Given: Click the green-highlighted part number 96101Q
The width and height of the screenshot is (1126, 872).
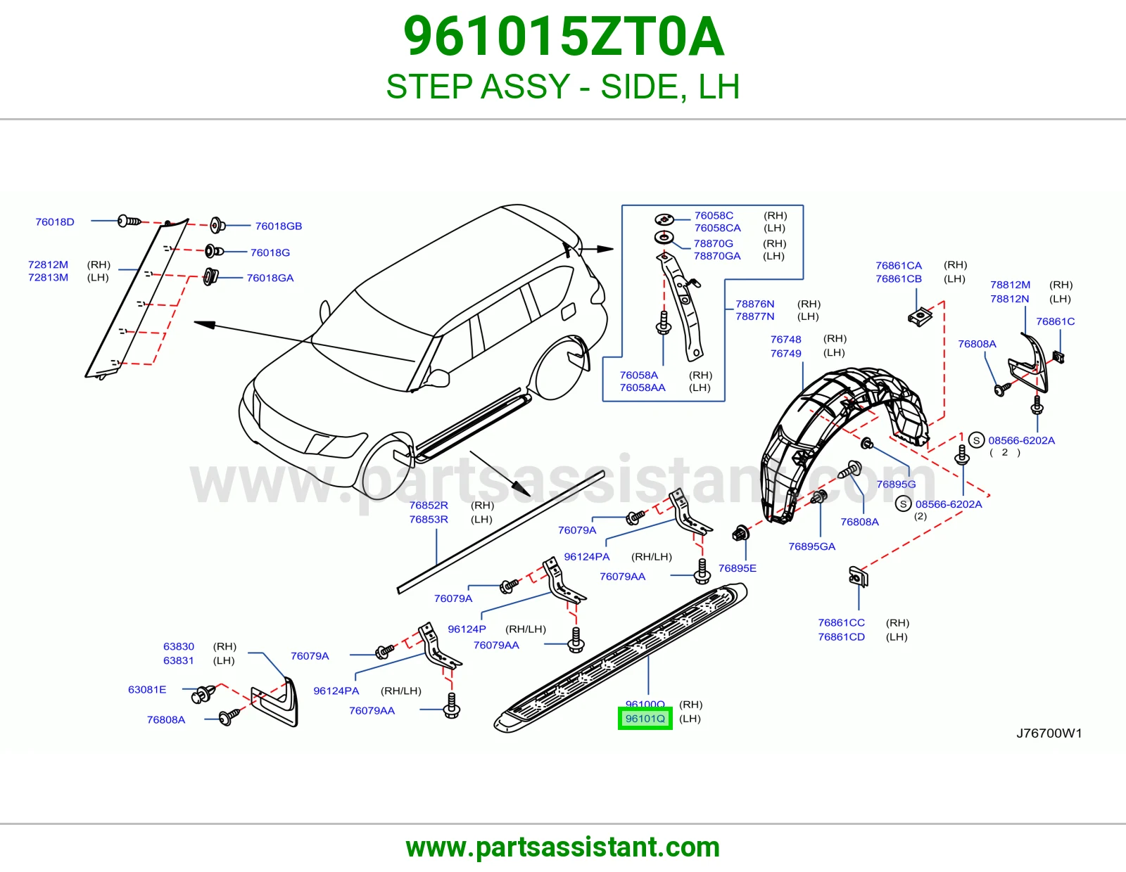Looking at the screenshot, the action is pos(645,718).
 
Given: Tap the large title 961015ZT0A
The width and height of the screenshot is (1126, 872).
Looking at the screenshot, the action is pos(563,37).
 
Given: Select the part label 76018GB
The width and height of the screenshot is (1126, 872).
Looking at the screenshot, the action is pos(278,226).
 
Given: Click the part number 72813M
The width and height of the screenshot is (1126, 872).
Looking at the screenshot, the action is pos(48,277).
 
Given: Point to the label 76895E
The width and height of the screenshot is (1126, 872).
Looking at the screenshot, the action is pos(737,568).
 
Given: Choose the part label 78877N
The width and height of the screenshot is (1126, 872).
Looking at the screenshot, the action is pos(754,316).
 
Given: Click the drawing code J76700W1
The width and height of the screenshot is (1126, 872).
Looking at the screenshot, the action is pos(1049,733).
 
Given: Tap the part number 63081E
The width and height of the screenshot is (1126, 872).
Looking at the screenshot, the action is pos(147,689).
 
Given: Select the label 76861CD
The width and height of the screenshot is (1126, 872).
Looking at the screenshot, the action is pos(841,636).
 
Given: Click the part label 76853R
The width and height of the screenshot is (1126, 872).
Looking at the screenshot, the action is pos(429,519).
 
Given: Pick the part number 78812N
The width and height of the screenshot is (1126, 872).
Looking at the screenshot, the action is pos(1009,298).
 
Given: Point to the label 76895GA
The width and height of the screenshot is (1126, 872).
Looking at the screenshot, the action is pos(811,546).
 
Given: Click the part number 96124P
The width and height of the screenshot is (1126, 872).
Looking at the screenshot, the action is pos(467,629).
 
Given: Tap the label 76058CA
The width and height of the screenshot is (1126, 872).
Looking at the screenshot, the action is pos(717,228).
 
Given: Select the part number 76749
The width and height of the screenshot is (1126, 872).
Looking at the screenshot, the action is pos(785,353).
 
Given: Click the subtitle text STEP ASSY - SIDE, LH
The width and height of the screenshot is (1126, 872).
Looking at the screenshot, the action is pos(563,86).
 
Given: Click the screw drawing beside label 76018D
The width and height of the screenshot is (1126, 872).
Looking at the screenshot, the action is pos(129,221).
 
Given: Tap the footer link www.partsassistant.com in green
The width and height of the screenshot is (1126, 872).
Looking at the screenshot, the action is pos(563,847).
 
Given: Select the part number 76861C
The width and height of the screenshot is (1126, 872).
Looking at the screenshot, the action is pos(1055,321).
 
